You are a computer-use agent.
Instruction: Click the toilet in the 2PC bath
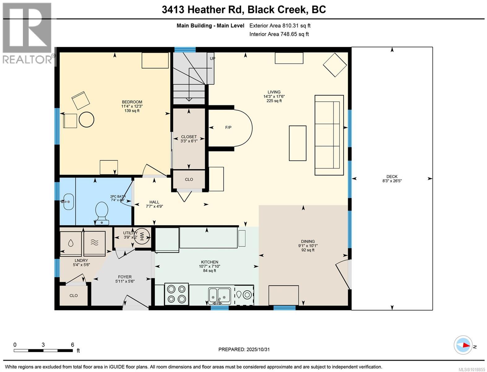[x=102, y=212]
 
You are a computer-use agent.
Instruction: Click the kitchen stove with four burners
[x=176, y=294]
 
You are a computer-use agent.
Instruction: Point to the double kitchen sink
[x=219, y=295]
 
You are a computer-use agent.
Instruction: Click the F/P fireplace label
[x=228, y=127]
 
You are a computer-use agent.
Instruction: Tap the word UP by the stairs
[x=213, y=58]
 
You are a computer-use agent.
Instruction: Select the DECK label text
[x=392, y=176]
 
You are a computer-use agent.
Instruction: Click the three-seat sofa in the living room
[x=329, y=135]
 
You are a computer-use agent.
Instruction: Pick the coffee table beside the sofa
[x=297, y=143]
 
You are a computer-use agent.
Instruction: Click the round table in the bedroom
[x=86, y=119]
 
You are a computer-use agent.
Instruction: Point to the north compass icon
[x=463, y=345]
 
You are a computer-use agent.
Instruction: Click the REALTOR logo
[x=27, y=33]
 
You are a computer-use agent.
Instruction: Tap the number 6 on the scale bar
[x=72, y=345]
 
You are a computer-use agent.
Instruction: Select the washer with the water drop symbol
[x=71, y=243]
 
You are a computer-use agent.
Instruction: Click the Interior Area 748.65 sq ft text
[x=279, y=34]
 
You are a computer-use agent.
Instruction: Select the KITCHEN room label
[x=209, y=262]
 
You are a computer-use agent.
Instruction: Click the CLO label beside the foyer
[x=74, y=295]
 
